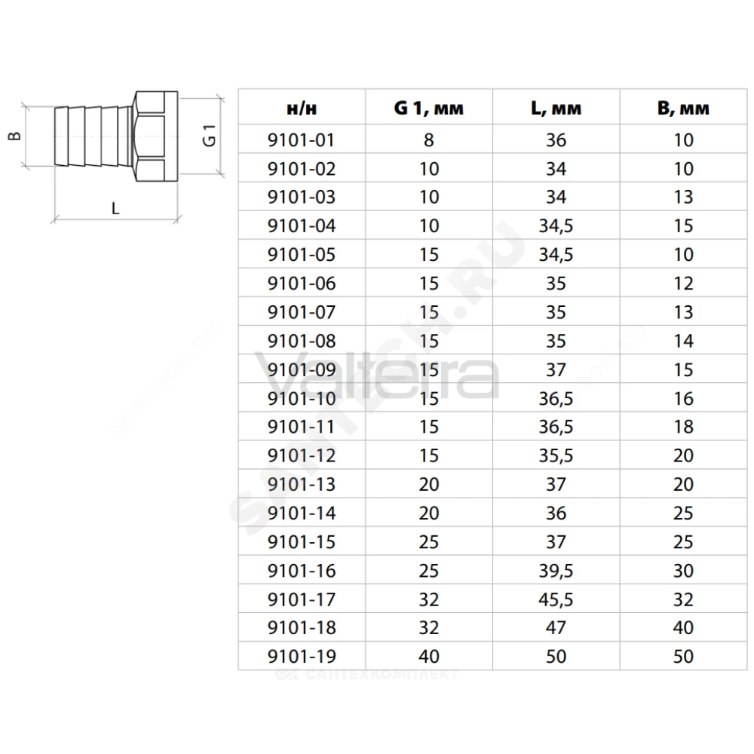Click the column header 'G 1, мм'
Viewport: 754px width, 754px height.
tap(428, 108)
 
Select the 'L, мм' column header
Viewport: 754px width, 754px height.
tap(556, 108)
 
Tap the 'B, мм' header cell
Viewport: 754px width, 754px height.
tap(683, 108)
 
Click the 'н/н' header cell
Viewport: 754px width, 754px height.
tap(302, 108)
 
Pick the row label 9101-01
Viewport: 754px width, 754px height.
tap(301, 140)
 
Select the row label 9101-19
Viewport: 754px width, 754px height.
tap(302, 657)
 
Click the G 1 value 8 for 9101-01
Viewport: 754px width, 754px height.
tap(429, 140)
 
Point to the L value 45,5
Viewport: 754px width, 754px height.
tap(556, 599)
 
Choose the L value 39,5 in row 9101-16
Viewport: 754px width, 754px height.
tap(556, 571)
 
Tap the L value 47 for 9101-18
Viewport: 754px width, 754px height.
tap(556, 627)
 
